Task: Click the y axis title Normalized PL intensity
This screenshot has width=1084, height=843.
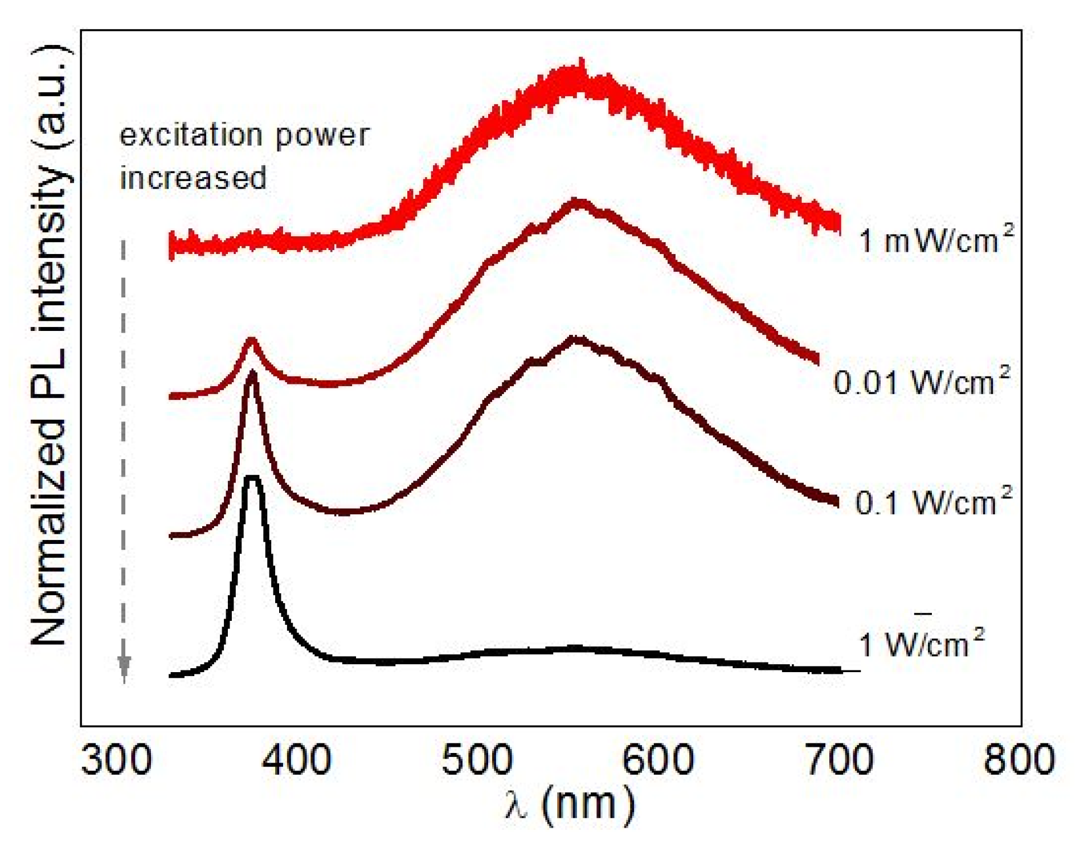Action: (50, 347)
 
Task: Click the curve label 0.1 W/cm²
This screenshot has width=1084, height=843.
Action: (933, 501)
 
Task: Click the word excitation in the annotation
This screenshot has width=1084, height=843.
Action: (191, 136)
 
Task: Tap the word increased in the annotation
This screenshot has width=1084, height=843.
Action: (193, 178)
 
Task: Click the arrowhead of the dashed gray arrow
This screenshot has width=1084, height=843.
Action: (124, 666)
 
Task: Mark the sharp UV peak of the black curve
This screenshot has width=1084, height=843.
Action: (252, 478)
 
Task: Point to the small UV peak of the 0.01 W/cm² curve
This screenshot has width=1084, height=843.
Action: (251, 342)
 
